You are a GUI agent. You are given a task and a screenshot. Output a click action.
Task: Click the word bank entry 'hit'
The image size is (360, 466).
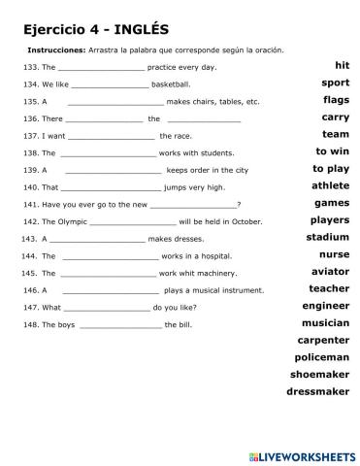point(341,65)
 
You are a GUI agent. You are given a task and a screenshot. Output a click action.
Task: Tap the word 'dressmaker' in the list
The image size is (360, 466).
point(317,392)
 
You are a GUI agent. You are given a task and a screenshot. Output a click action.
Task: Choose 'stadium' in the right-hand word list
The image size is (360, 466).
point(327,237)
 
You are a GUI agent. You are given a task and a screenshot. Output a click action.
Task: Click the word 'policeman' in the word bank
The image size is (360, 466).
point(321,357)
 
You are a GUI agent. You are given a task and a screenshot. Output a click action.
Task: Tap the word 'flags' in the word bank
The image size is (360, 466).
point(336,100)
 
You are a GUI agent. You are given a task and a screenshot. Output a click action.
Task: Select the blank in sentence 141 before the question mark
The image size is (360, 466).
point(194,204)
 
